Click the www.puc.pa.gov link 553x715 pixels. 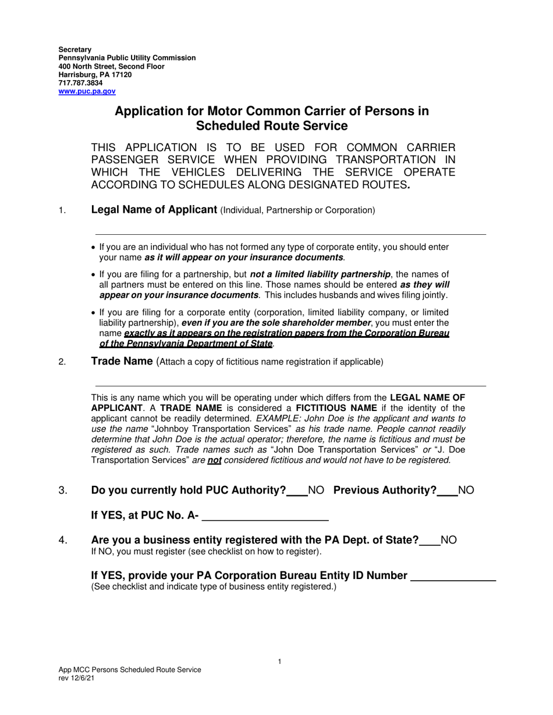87,91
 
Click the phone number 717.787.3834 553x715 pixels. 80,83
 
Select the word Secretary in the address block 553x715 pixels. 75,50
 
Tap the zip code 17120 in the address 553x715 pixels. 121,75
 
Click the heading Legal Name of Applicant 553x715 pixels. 154,210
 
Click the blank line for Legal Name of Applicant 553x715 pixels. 290,234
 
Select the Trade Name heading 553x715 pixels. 122,362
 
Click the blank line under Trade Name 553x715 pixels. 290,385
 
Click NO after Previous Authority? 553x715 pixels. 466,490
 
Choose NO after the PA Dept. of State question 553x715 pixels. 448,540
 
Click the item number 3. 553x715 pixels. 63,490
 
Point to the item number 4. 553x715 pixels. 63,540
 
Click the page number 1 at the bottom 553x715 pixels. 279,662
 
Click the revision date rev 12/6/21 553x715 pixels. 76,678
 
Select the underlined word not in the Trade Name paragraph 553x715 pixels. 214,460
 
